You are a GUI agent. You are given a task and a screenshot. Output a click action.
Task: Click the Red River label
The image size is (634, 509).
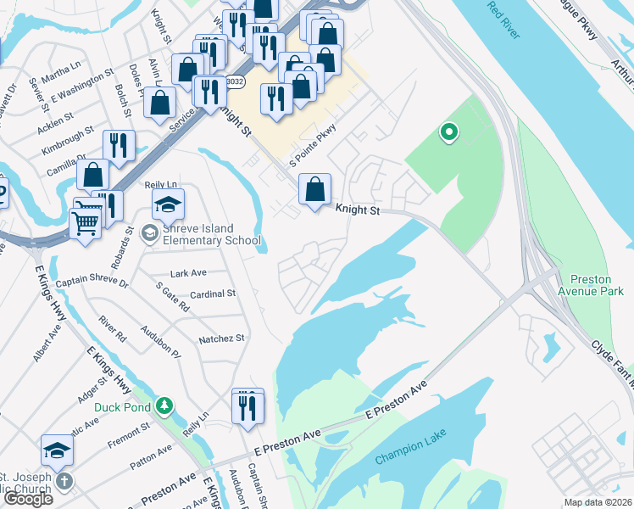point(507,22)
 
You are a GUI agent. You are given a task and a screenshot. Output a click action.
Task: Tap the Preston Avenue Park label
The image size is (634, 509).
point(596,284)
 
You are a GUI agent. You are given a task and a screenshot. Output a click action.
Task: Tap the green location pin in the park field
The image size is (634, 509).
point(448,132)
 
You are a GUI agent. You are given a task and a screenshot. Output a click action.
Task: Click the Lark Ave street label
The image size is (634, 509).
point(188,273)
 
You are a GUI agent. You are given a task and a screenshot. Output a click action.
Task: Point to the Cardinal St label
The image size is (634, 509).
point(213,294)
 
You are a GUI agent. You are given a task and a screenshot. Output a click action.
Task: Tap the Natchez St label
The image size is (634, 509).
point(221,338)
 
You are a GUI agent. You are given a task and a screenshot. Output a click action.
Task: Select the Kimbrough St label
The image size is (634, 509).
point(69,142)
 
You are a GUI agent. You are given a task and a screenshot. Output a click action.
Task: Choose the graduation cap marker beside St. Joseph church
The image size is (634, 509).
point(58,450)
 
